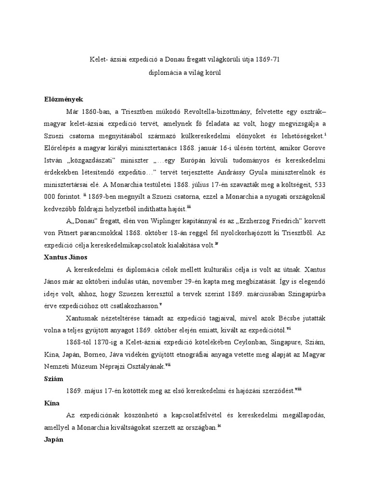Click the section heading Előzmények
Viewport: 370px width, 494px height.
(x=63, y=99)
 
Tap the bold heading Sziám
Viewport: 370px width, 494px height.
(x=53, y=379)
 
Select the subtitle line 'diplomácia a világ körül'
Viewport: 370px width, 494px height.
(x=186, y=72)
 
